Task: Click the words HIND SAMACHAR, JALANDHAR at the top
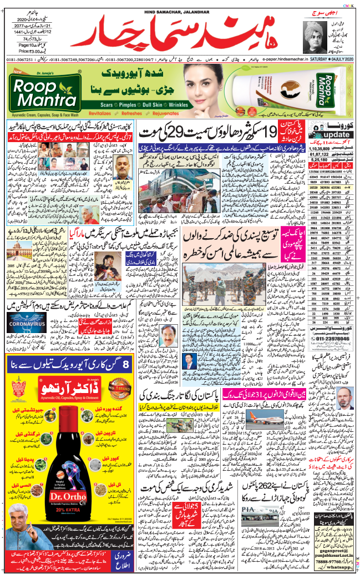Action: click(180, 5)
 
